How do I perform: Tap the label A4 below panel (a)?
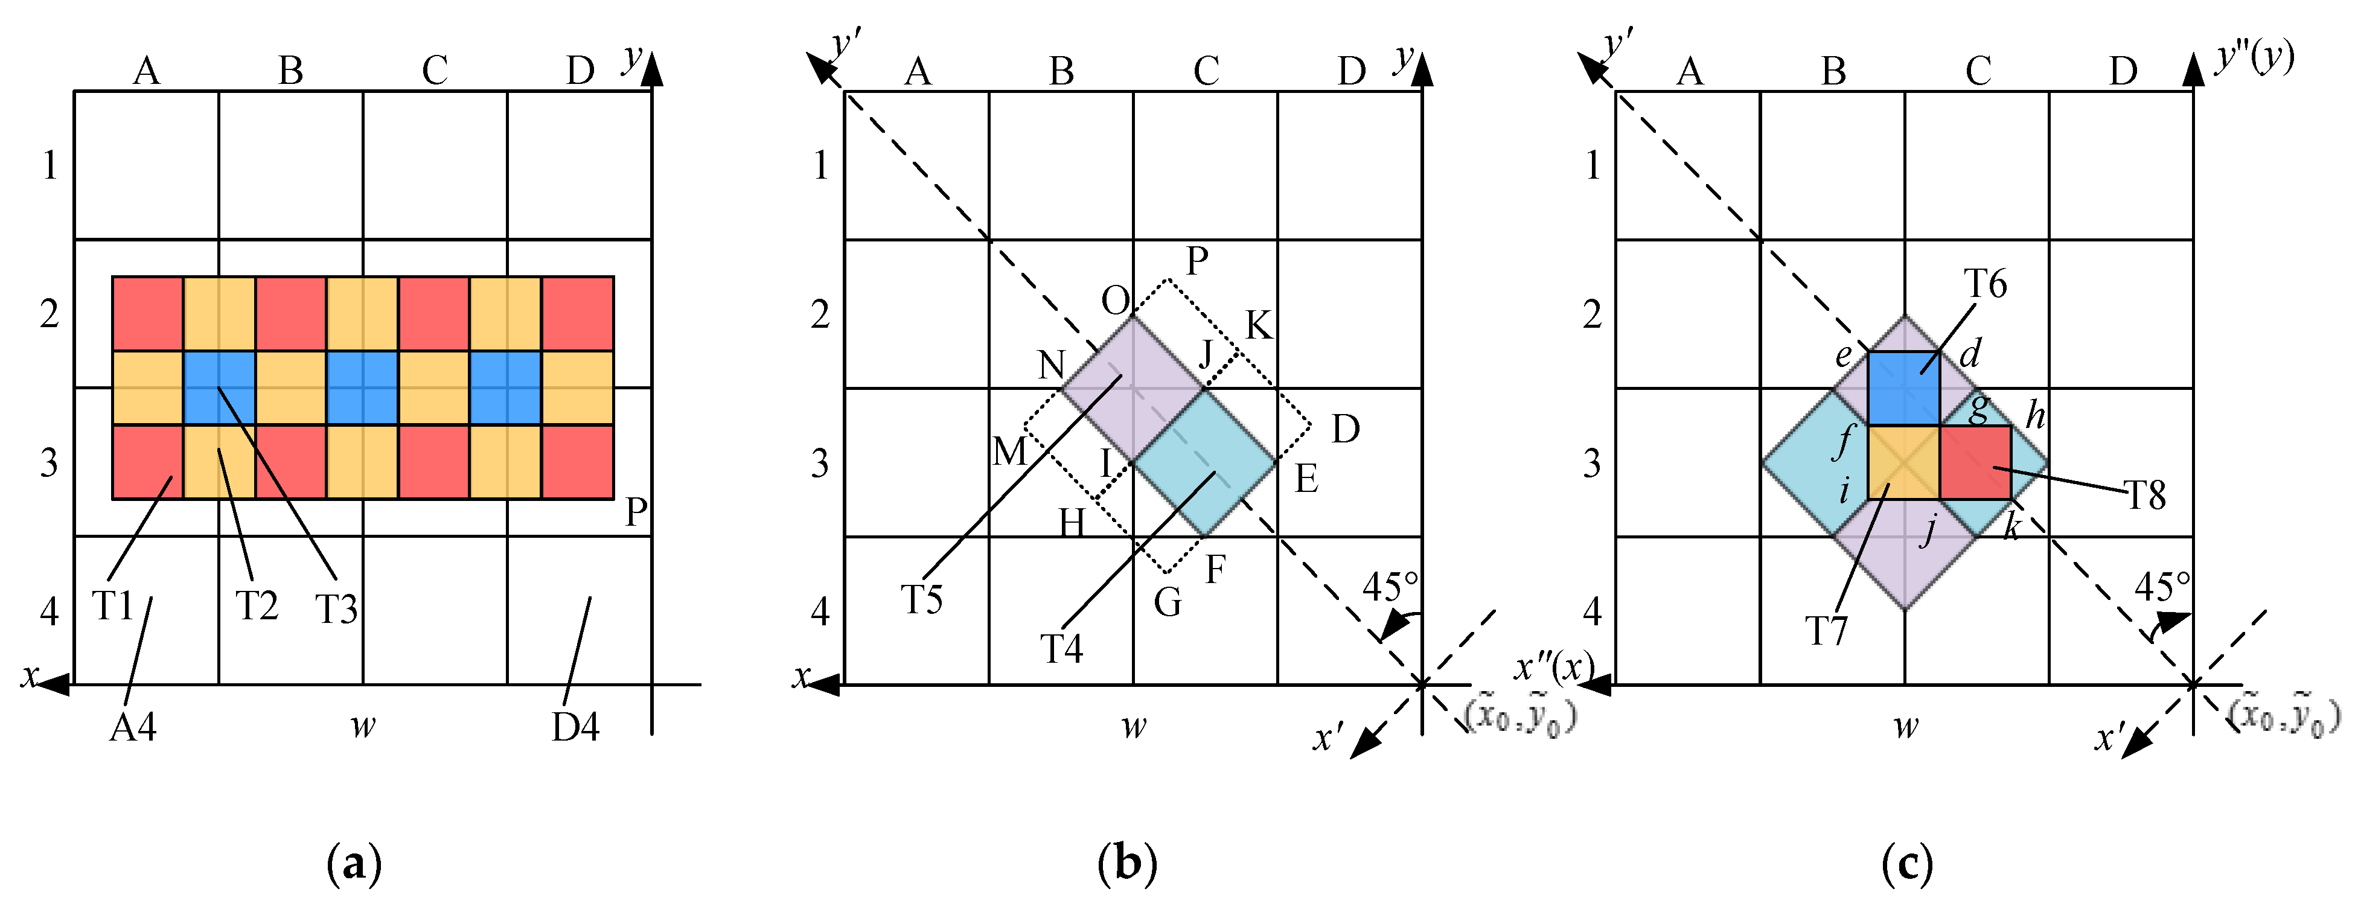coord(133,727)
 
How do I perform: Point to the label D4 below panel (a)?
coord(575,727)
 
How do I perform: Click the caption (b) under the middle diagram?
coord(1127,863)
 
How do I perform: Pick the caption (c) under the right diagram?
coord(1906,863)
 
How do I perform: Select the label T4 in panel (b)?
coord(1062,649)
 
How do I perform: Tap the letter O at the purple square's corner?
coord(1116,300)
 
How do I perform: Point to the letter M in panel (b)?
coord(1009,451)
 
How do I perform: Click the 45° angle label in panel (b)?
coord(1390,587)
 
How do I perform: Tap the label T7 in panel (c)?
coord(1826,631)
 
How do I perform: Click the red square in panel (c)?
coord(1975,462)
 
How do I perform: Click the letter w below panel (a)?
coord(363,726)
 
